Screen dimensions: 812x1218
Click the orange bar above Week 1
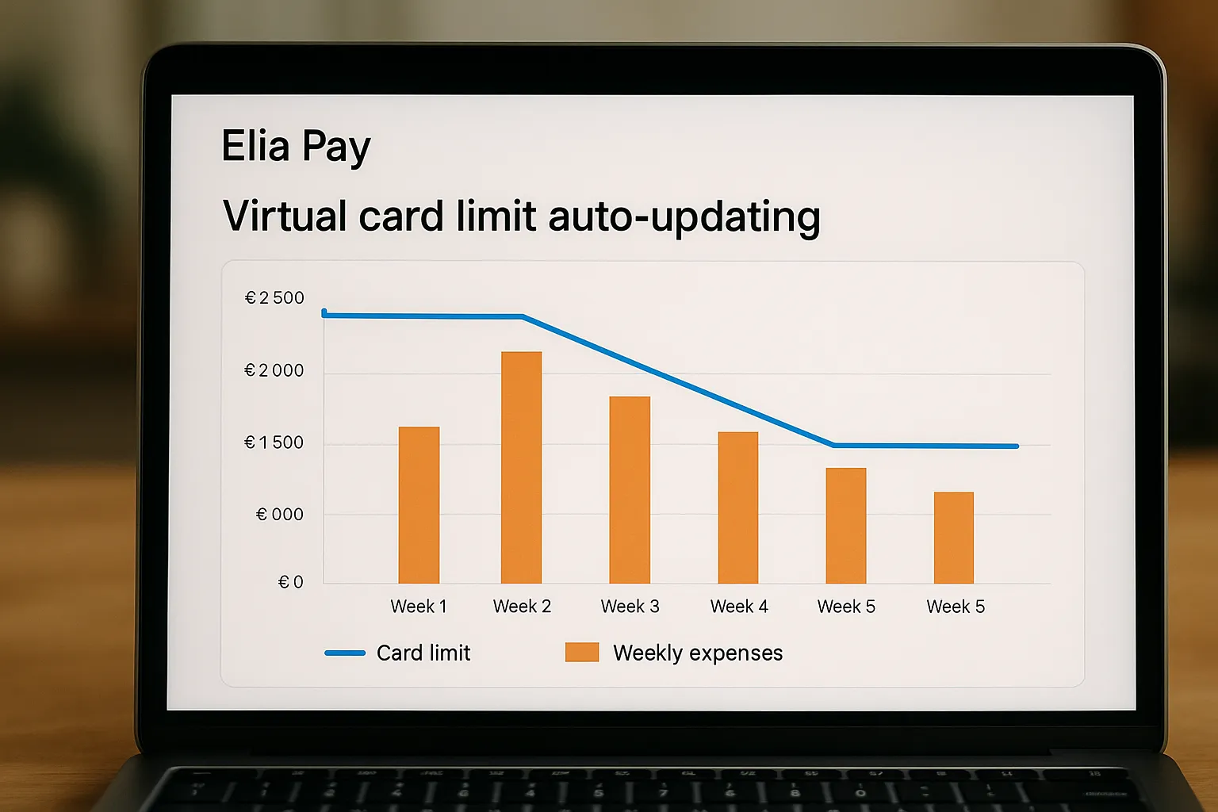tap(419, 505)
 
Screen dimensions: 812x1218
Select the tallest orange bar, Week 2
tap(521, 468)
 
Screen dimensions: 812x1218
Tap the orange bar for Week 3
tap(630, 490)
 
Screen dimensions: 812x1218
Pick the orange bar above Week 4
tap(737, 507)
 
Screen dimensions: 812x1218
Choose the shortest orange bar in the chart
tap(953, 538)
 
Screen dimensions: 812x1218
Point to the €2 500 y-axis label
tap(274, 298)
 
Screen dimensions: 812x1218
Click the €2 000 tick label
tap(274, 371)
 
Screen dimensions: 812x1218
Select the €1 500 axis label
tap(274, 443)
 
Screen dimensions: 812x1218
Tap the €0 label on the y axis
tap(290, 583)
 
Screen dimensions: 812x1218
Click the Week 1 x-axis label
tap(419, 607)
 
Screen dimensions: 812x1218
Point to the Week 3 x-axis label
tap(630, 607)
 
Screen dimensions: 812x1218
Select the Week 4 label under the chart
tap(739, 607)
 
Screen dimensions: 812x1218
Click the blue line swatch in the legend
tap(345, 653)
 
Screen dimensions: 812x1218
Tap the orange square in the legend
tap(581, 653)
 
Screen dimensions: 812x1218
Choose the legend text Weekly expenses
tap(698, 653)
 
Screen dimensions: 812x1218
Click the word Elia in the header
tap(255, 147)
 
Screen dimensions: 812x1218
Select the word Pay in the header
tap(336, 148)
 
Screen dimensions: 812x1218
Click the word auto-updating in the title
tap(684, 217)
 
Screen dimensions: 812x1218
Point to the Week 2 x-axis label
tap(522, 607)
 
